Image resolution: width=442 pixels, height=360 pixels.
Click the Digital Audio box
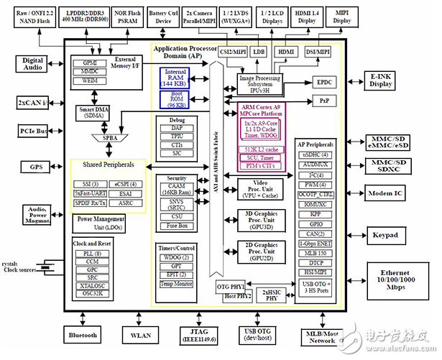pos(33,65)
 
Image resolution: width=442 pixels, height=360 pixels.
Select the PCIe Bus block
pos(32,131)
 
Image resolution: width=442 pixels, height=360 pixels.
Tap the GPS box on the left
pos(32,167)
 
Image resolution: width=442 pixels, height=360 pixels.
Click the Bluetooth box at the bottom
pos(83,334)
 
